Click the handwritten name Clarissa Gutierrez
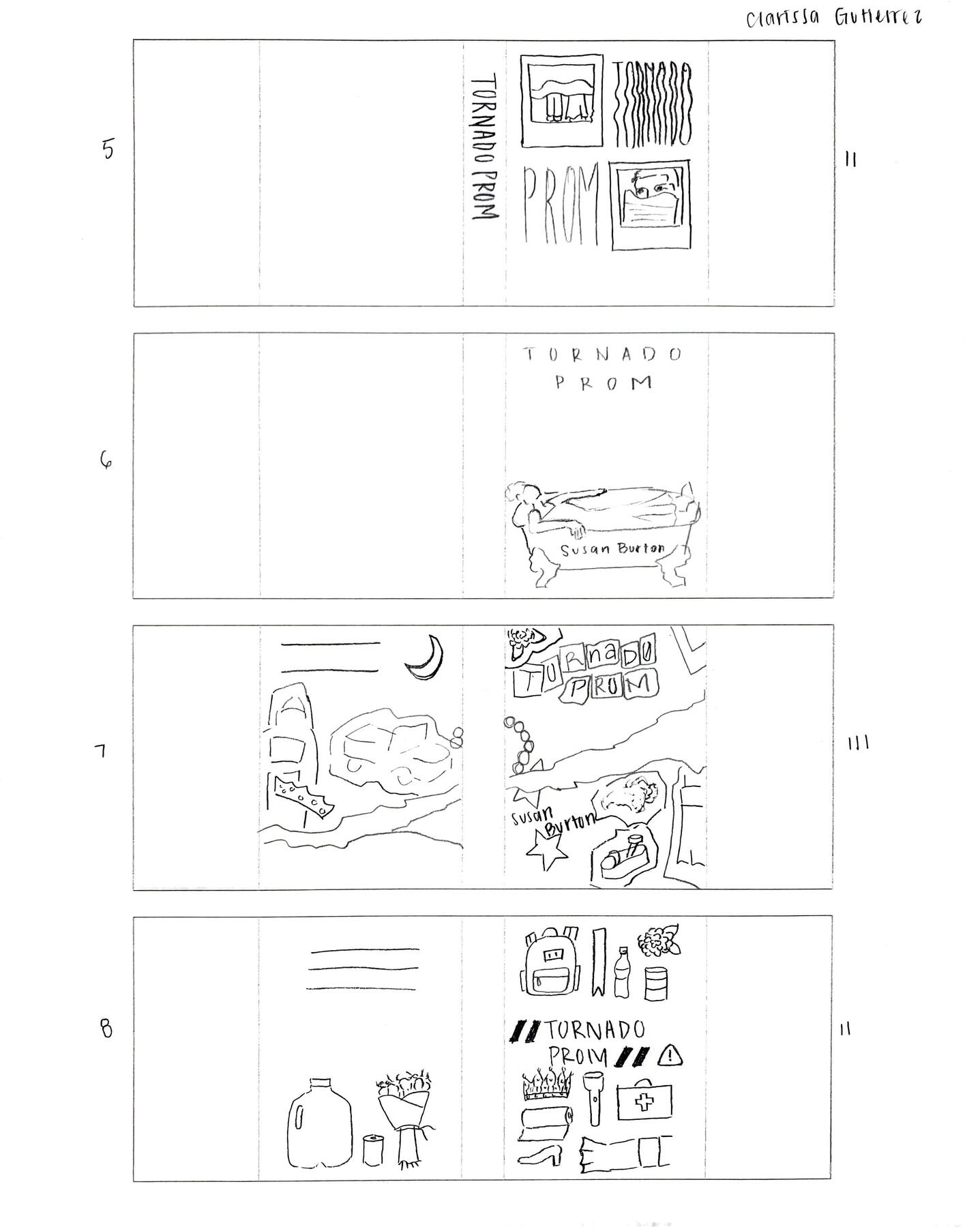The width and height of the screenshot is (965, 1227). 833,18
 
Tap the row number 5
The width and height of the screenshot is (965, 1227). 108,149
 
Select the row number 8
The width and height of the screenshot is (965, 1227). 106,1029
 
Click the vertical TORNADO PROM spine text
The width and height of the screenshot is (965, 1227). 484,147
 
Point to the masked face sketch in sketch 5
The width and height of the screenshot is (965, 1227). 651,203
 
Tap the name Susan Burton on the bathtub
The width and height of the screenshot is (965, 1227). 612,549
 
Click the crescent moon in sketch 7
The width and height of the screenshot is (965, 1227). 426,657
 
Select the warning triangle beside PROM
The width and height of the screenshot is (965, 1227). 670,1056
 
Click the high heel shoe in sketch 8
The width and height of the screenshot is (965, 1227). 540,1155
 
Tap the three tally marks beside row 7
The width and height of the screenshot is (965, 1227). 857,743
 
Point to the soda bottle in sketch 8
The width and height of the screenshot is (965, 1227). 621,971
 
